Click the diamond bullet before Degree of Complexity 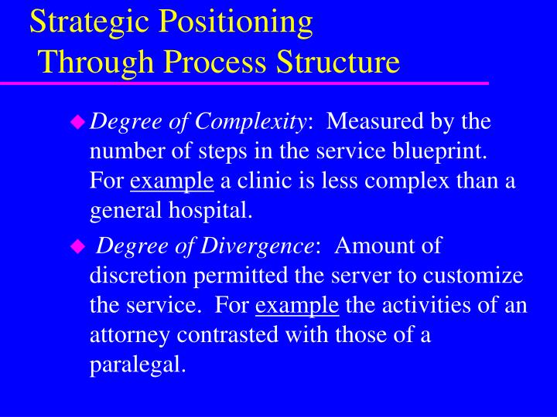77,121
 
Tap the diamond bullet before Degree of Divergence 77,246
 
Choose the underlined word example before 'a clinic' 172,181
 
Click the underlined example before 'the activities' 297,306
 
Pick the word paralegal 137,365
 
